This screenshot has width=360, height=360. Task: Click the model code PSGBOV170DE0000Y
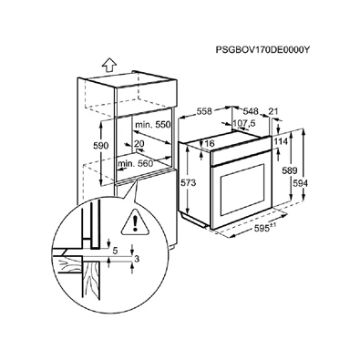click(x=262, y=50)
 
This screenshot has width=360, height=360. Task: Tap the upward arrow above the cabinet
click(x=109, y=65)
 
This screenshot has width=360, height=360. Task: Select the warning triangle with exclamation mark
click(x=136, y=223)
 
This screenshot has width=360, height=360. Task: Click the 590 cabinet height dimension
click(x=100, y=146)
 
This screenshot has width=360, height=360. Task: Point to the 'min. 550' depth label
click(x=153, y=125)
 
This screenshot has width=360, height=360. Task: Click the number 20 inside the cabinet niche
click(x=139, y=143)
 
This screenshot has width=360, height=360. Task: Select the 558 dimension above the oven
click(x=204, y=111)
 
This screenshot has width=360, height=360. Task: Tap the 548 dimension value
click(x=251, y=111)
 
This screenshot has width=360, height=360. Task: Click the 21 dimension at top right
click(x=273, y=111)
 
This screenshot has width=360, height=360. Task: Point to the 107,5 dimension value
click(x=244, y=123)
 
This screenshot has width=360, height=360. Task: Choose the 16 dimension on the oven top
click(x=210, y=143)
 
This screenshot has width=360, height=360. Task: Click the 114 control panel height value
click(x=281, y=141)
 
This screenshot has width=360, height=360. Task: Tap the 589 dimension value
click(x=289, y=170)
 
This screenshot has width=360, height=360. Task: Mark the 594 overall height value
click(x=301, y=183)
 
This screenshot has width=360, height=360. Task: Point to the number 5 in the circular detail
click(x=115, y=251)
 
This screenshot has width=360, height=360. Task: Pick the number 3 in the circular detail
click(x=137, y=259)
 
